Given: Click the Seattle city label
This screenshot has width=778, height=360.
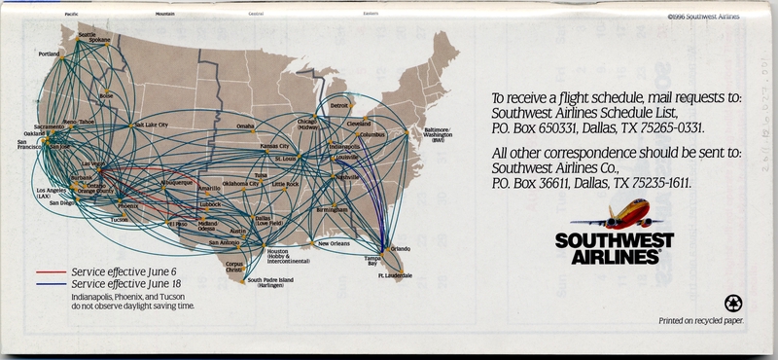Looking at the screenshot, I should (x=88, y=35).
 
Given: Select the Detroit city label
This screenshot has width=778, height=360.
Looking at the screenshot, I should (x=339, y=105).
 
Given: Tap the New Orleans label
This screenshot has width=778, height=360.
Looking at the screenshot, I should (x=334, y=243).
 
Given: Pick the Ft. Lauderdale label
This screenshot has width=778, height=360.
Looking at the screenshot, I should (x=396, y=276).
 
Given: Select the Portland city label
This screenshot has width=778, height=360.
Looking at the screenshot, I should (x=49, y=54).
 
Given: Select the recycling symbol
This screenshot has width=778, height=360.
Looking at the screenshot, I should (x=730, y=304).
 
